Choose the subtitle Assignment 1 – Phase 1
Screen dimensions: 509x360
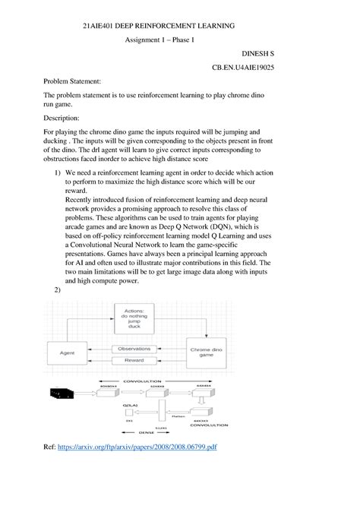tap(159, 40)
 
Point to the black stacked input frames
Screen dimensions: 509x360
tap(61, 393)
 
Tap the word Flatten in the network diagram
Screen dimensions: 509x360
tap(178, 416)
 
